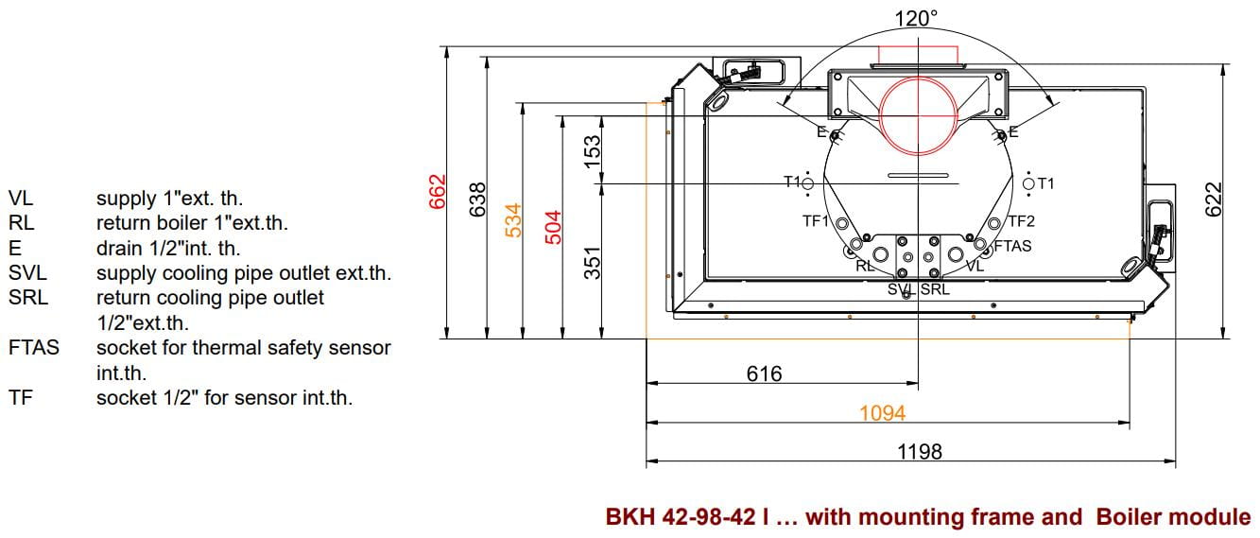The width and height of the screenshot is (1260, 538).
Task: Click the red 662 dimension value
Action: pos(437,192)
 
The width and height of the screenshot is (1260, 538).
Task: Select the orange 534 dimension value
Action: pos(513,220)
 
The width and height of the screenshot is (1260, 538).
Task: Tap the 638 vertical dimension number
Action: pos(477,200)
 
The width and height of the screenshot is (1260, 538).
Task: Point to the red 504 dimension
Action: pos(553,227)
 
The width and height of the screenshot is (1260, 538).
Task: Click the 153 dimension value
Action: pos(593,151)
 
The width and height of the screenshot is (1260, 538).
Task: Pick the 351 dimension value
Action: pos(593,263)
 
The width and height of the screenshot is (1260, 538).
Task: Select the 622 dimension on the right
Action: pos(1214,200)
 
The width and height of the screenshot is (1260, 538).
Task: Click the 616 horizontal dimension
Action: pos(764,373)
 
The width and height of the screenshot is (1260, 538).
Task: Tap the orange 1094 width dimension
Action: pos(882,413)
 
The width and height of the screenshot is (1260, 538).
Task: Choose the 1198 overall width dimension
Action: pos(919,452)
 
